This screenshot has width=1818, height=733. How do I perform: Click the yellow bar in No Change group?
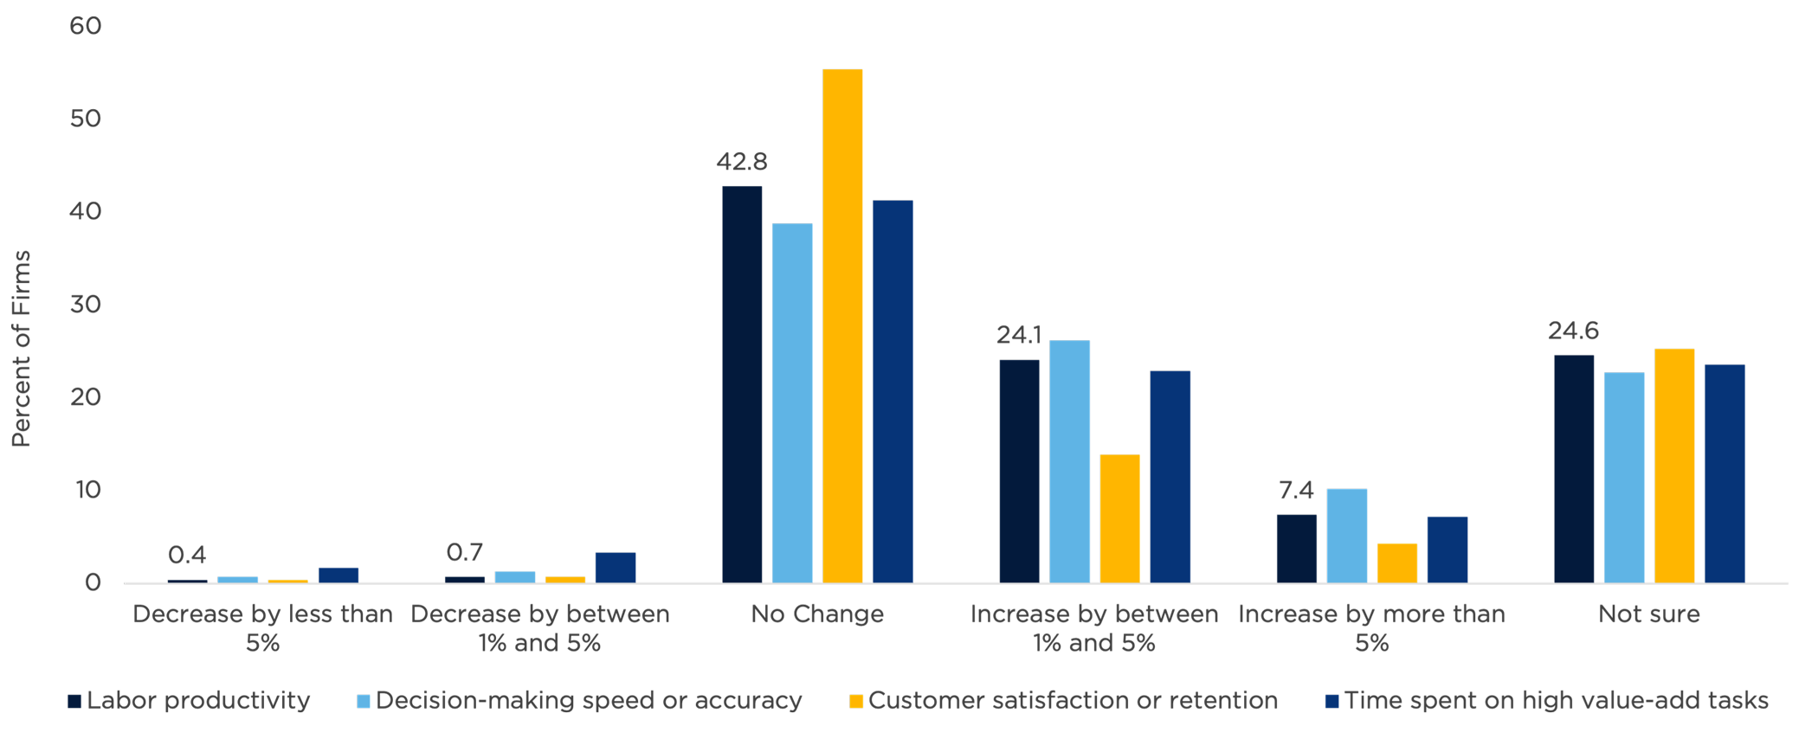pyautogui.click(x=842, y=325)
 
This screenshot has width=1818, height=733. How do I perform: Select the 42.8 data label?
pyautogui.click(x=742, y=162)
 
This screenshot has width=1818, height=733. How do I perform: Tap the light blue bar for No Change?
pyautogui.click(x=792, y=402)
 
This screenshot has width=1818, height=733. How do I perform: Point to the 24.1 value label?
pyautogui.click(x=1019, y=335)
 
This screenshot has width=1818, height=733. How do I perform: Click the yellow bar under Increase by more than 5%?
pyautogui.click(x=1397, y=563)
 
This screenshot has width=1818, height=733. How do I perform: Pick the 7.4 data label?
pyautogui.click(x=1296, y=491)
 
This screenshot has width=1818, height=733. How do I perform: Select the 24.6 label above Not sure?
pyautogui.click(x=1573, y=331)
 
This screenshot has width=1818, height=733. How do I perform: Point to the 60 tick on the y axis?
pyautogui.click(x=87, y=26)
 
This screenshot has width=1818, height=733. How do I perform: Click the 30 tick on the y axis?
pyautogui.click(x=87, y=305)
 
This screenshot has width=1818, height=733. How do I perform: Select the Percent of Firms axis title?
pyautogui.click(x=22, y=349)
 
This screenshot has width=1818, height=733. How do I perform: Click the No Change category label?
pyautogui.click(x=817, y=614)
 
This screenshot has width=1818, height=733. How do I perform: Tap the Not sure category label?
pyautogui.click(x=1649, y=614)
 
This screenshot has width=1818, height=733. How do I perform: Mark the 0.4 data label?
pyautogui.click(x=187, y=555)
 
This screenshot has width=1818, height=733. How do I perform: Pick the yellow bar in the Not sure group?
pyautogui.click(x=1674, y=466)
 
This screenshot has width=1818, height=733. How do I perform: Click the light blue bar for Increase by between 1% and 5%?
pyautogui.click(x=1070, y=461)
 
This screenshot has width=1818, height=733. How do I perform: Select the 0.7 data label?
pyautogui.click(x=465, y=552)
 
